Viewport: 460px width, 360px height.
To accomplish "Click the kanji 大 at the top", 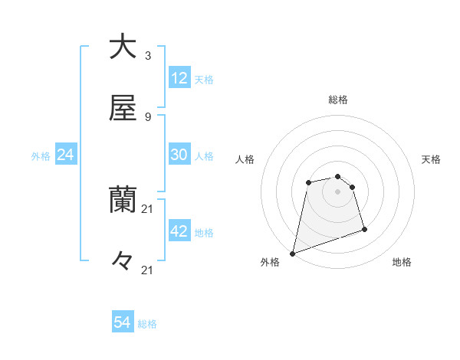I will click(x=123, y=47).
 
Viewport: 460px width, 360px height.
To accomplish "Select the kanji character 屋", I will click(x=123, y=108).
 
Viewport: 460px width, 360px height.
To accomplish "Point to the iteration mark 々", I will click(x=123, y=261).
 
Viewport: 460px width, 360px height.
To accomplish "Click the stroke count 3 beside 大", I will click(x=147, y=56).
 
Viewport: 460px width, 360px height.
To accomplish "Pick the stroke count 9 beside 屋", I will click(x=147, y=117).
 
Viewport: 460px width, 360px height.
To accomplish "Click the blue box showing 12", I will click(x=179, y=78).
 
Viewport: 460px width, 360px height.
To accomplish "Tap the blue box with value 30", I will click(x=179, y=155).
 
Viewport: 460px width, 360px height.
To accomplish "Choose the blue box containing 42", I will click(x=179, y=231).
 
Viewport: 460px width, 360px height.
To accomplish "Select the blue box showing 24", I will click(x=66, y=155).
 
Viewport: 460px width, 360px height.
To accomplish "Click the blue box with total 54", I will click(x=123, y=322).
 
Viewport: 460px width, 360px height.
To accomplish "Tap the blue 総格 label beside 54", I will click(x=147, y=324).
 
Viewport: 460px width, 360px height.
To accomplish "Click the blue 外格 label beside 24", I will click(x=41, y=156).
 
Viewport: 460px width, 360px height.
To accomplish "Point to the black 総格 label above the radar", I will click(x=338, y=100).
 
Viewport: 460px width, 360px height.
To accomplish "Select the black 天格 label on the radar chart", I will click(x=432, y=159).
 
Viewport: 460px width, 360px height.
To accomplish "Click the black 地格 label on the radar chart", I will click(x=402, y=263).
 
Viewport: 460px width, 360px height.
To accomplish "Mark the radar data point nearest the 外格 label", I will click(x=292, y=253).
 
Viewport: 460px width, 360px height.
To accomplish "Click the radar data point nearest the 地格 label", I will click(x=364, y=229).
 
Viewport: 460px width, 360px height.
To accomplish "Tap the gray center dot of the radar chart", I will click(x=337, y=191).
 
